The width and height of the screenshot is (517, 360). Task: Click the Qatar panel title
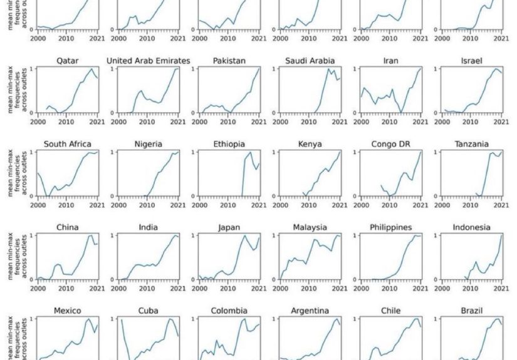coord(67,61)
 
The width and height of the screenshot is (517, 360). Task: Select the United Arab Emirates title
coord(148,61)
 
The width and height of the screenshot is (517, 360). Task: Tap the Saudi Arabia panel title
coord(310,61)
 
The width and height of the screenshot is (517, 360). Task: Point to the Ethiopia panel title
coord(228,144)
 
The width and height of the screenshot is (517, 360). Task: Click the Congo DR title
coord(390,144)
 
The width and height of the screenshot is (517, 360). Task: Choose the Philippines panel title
coord(390,227)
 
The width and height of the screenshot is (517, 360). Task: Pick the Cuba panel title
coord(148,311)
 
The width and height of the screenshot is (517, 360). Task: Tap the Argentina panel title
coord(310,311)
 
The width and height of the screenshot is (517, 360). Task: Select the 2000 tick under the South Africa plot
coord(38,205)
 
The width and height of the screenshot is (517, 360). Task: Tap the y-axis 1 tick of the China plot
coord(31,235)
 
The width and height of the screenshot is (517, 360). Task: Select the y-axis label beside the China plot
coord(14,257)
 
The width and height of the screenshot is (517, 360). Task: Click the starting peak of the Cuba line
coord(121,320)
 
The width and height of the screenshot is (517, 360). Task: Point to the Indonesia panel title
coord(471,227)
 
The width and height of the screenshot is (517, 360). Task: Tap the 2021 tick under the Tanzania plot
coord(501,205)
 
